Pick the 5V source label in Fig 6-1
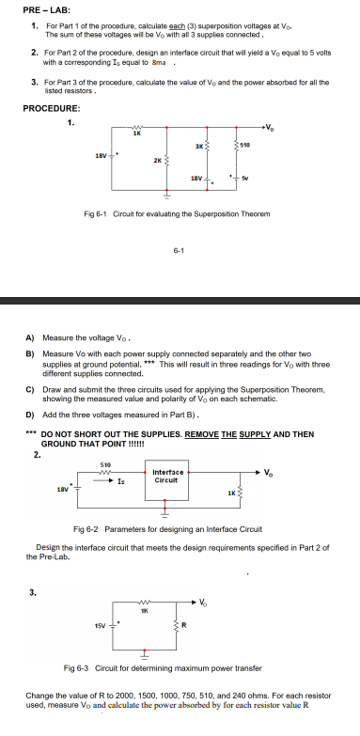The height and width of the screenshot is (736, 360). pyautogui.click(x=246, y=177)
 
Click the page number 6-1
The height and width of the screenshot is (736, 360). pyautogui.click(x=178, y=250)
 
